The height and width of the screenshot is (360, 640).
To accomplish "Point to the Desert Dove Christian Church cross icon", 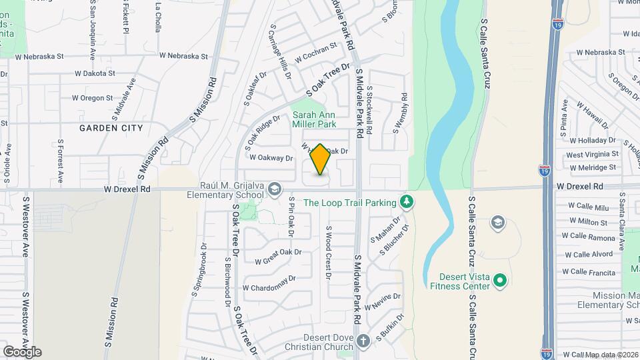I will coord(363,341).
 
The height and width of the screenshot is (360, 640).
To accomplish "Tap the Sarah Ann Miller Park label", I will coord(314,119).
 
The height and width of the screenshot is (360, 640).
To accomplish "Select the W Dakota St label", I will coord(95,73).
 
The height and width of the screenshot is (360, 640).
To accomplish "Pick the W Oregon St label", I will coord(92,98).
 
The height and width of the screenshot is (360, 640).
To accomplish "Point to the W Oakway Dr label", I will coord(271,158).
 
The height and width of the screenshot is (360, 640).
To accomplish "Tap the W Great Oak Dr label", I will coord(279,253).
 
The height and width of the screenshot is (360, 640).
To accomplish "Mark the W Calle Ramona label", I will coord(592,237).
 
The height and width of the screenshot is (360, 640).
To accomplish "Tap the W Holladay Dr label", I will coord(592,140).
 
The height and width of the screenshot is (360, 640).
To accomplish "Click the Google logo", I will coord(22,351).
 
